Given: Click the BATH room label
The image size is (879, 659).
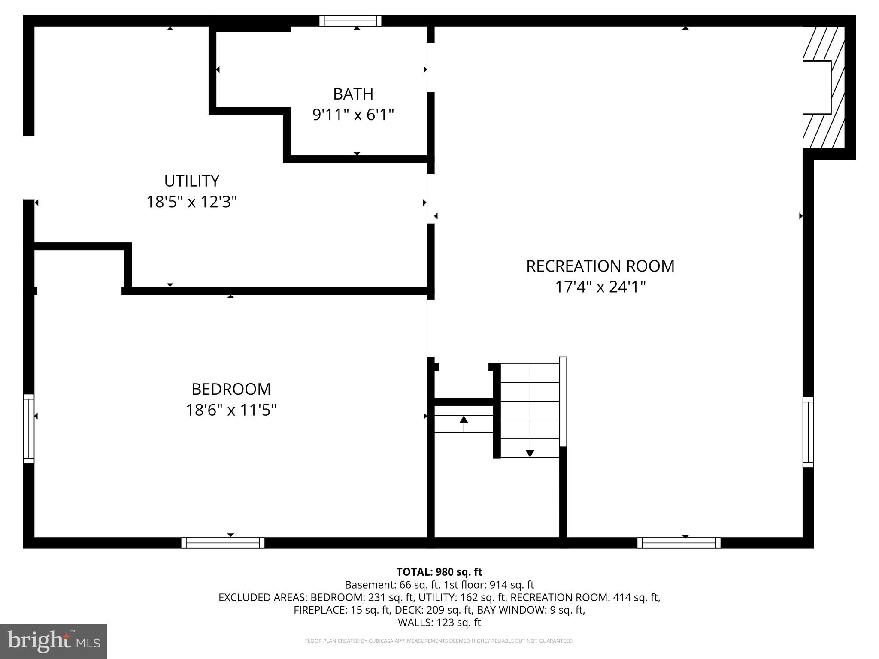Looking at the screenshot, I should (x=353, y=94).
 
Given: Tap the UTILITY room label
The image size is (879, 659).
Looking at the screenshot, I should (x=192, y=181).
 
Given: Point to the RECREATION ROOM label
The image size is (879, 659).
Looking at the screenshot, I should (x=600, y=266).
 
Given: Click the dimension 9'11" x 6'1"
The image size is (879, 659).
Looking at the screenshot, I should (x=353, y=115).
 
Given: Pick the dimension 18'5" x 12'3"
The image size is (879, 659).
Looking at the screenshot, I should (x=192, y=202).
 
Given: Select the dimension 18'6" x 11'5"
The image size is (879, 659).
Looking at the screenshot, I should (x=231, y=411).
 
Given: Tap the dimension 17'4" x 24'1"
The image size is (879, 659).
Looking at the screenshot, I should (x=600, y=287).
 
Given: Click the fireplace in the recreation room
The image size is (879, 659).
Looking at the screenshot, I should (x=823, y=88).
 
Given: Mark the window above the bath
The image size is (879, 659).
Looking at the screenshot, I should (x=350, y=21).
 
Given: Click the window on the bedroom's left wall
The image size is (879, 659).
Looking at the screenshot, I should (x=28, y=429).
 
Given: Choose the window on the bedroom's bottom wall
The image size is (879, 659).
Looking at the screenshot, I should (x=223, y=543).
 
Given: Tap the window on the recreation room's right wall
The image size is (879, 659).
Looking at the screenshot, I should (x=808, y=432).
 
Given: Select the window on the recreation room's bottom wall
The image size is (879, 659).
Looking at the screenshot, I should (x=679, y=543).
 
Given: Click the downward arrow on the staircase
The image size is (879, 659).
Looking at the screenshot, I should (x=530, y=453).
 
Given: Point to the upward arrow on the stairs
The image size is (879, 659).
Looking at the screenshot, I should (x=464, y=420).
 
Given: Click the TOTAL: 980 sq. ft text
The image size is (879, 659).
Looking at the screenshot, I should (x=439, y=572).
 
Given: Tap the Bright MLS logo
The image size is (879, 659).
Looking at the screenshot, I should (x=53, y=641).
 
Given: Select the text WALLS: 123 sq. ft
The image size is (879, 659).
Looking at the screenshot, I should (x=439, y=622).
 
